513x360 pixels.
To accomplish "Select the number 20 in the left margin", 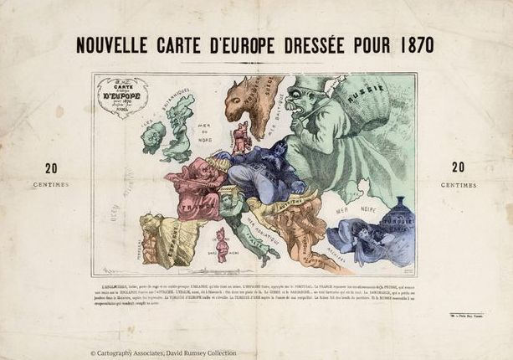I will click(51, 167).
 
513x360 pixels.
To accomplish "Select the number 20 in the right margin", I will click(458, 167).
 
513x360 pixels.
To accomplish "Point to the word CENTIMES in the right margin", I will click(458, 184).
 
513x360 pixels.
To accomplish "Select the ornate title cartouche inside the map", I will click(121, 95).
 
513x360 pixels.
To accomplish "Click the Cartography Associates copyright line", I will click(163, 353).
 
